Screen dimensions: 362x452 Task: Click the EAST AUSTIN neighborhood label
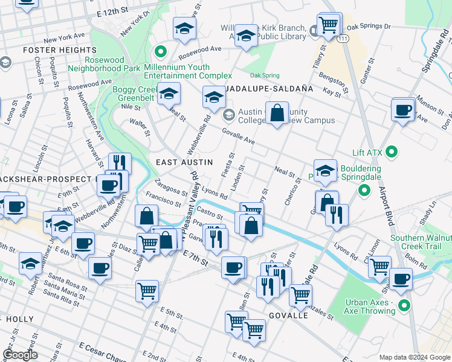(x=184, y=162)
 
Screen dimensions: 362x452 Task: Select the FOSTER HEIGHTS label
(x=52, y=50)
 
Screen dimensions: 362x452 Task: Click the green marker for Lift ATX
(x=391, y=151)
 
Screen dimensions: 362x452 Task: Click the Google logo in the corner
(x=20, y=355)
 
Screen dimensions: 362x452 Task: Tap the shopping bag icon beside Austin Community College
(x=277, y=113)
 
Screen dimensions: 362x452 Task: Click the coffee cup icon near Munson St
(x=402, y=110)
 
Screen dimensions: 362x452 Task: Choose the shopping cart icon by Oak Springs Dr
(x=328, y=25)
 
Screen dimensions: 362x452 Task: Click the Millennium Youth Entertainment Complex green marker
(x=160, y=51)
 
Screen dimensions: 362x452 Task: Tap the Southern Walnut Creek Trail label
(x=420, y=242)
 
